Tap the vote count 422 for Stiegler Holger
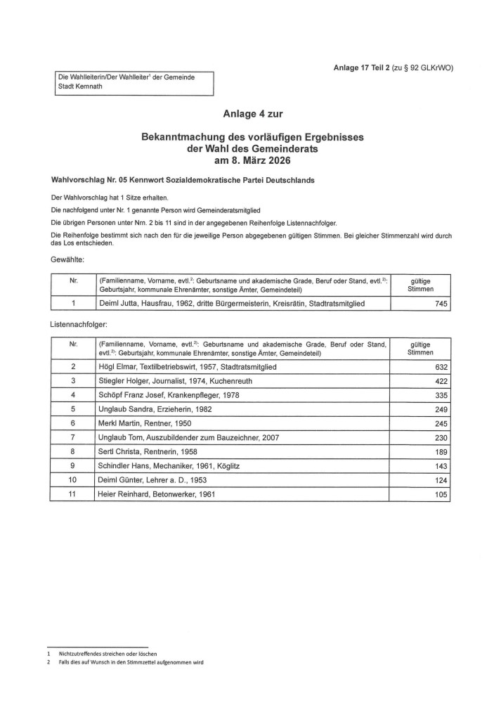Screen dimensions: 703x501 (x=439, y=380)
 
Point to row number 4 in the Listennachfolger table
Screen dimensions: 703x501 (x=73, y=394)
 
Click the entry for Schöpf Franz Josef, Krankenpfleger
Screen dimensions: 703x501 (x=169, y=394)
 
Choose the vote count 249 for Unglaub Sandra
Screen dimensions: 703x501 (x=439, y=408)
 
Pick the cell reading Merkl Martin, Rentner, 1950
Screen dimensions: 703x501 (x=144, y=423)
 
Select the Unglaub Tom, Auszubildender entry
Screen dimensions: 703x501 (x=189, y=437)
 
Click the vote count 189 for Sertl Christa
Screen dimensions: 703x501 (x=439, y=451)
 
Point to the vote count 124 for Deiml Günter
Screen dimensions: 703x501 (x=439, y=480)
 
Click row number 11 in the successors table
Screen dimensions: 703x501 (x=73, y=494)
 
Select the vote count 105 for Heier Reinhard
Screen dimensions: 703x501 (x=439, y=494)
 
